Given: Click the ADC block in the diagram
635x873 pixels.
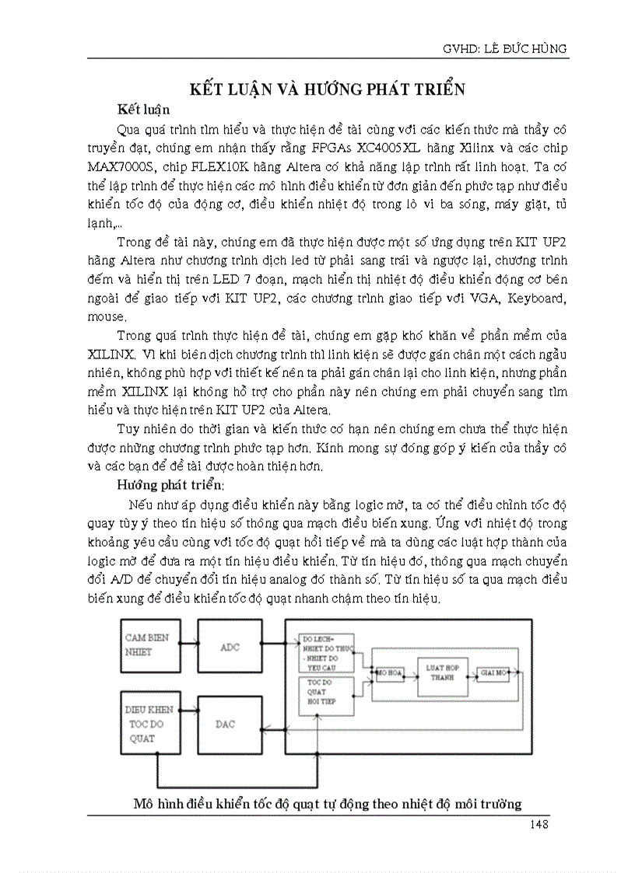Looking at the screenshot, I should [230, 647].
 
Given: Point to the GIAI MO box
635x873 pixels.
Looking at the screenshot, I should [495, 670].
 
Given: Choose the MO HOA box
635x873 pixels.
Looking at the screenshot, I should [386, 671].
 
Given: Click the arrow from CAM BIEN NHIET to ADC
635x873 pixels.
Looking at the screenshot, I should [187, 643].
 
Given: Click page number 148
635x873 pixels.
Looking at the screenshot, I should [537, 824].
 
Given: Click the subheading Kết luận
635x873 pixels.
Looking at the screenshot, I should [143, 109].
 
